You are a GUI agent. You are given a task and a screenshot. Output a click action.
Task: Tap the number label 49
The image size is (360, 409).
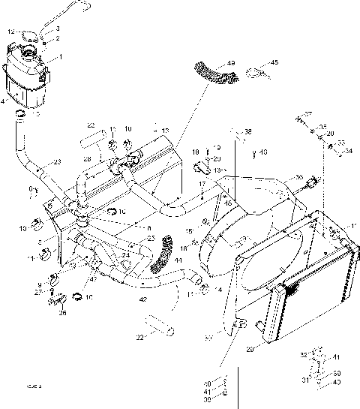(230, 62)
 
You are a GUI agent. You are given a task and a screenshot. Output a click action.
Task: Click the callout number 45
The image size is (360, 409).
(274, 62)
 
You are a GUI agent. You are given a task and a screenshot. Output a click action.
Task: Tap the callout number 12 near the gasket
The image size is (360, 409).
(10, 32)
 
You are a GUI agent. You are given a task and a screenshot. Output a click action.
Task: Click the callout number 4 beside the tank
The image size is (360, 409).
(4, 101)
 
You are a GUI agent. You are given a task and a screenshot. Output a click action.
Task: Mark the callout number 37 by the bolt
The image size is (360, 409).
(307, 113)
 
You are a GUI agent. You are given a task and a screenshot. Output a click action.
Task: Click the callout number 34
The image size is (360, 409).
(347, 150)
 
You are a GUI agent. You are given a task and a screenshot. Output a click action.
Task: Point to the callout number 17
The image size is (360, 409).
(202, 185)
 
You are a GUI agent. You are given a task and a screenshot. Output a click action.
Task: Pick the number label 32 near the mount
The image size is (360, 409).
(303, 354)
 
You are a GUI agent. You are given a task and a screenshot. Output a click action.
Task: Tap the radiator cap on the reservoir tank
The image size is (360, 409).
(30, 52)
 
